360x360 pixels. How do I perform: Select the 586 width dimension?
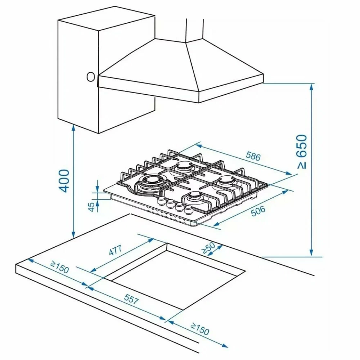(253, 156)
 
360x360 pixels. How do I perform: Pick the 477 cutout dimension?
(115, 251)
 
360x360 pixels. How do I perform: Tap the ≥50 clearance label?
(208, 248)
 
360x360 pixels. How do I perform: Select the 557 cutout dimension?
(130, 298)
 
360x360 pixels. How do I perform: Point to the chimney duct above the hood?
(195, 29)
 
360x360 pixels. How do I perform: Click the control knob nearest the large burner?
(161, 201)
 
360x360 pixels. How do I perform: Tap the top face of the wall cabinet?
(106, 23)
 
